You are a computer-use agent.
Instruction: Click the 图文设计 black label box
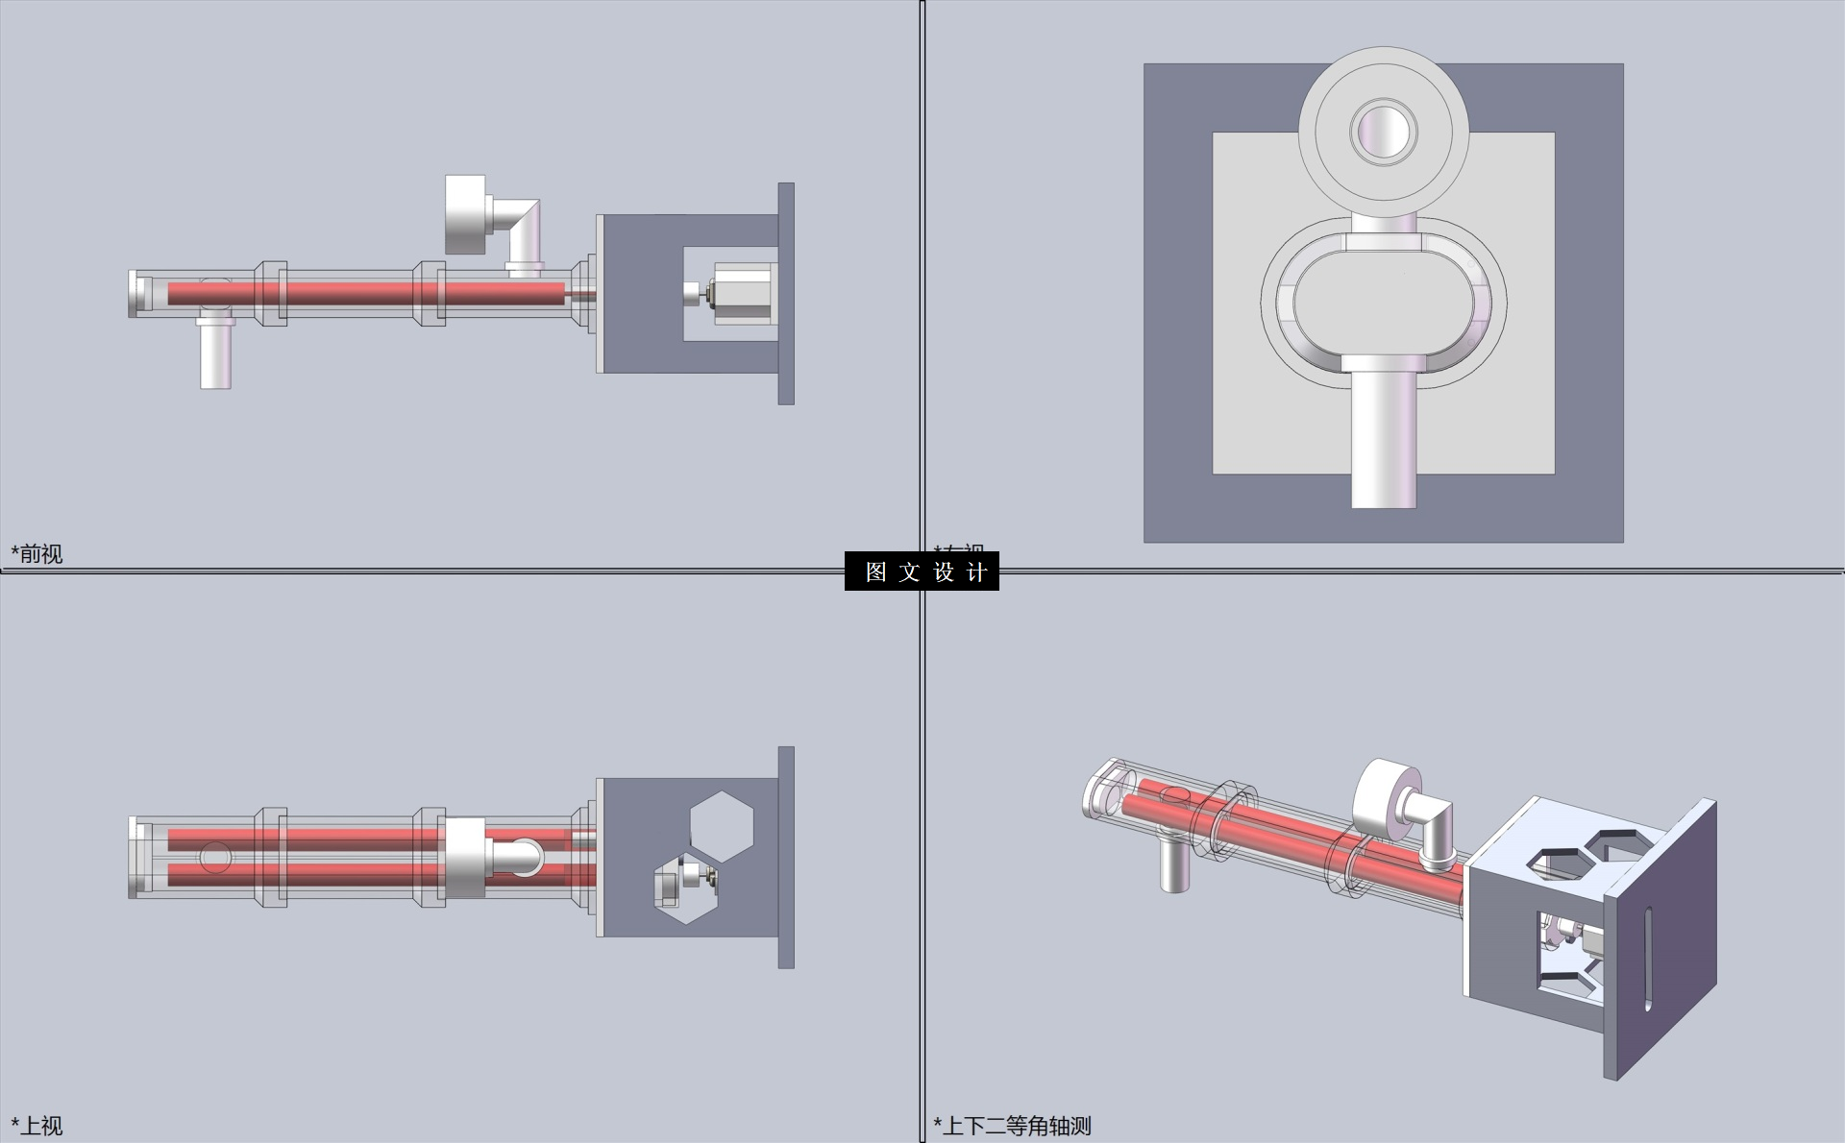point(922,571)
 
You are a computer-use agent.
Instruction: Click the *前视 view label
point(37,553)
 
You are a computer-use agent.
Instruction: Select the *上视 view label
point(37,1126)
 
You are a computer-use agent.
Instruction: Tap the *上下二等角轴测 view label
point(1013,1126)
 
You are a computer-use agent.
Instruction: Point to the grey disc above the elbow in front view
point(465,214)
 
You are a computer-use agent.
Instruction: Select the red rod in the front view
point(365,293)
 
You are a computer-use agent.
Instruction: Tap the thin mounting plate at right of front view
point(786,293)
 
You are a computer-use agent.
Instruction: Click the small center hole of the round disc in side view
point(1384,132)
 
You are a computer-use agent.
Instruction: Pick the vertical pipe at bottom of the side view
point(1384,437)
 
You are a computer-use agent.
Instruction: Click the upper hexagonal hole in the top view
point(722,826)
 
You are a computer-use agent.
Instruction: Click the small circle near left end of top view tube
point(214,857)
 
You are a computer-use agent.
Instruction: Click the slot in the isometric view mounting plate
point(1648,958)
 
